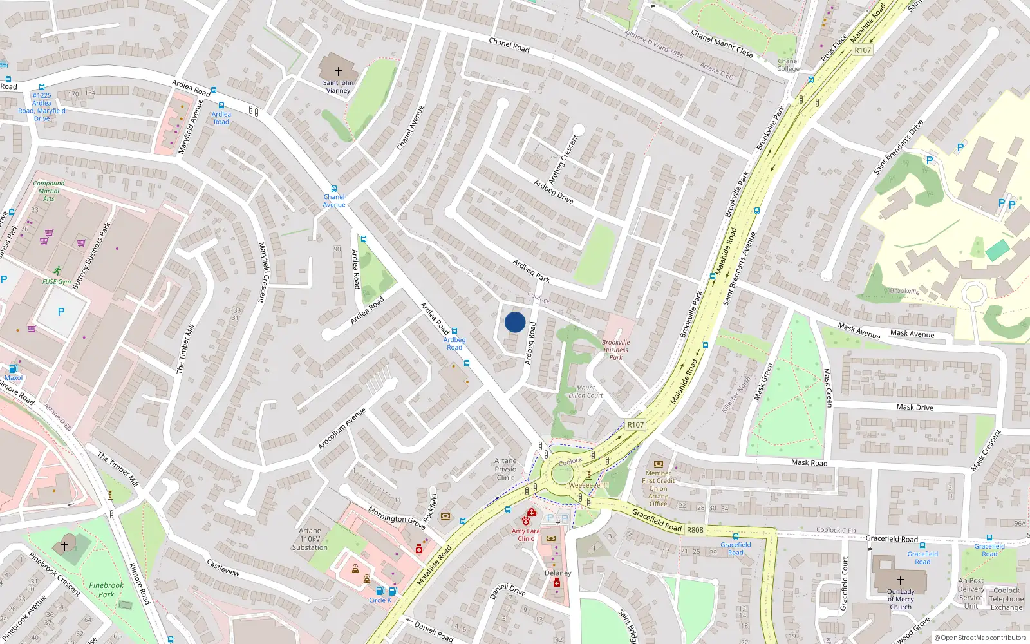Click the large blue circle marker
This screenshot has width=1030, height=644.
515,322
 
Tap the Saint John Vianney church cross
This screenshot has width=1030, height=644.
338,71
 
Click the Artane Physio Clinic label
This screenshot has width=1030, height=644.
505,469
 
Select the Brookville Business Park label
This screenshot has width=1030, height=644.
616,350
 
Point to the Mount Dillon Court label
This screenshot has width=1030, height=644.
585,392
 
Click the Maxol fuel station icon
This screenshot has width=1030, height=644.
13,369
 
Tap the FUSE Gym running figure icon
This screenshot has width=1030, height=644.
57,270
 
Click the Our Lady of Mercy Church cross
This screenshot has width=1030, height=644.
900,581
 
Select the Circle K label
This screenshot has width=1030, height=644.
380,600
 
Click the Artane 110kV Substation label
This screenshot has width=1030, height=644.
310,539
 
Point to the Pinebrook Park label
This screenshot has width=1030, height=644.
106,590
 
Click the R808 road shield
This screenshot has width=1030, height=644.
695,530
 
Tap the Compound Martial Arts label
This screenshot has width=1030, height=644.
49,191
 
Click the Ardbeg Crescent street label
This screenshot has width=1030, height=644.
564,158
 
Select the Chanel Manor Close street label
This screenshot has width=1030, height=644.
722,43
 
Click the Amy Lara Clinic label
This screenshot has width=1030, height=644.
526,535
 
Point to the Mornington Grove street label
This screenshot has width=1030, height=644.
397,517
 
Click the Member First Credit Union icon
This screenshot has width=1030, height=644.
658,464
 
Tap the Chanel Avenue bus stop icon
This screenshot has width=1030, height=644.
333,189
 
